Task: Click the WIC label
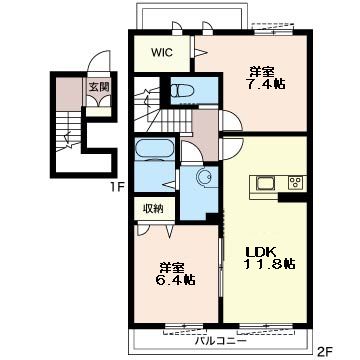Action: click(162, 53)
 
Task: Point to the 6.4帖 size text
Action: click(175, 279)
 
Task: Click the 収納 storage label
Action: click(153, 208)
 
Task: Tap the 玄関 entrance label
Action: click(99, 87)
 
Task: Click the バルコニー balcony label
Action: click(221, 341)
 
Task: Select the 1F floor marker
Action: click(118, 187)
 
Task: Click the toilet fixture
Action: click(183, 90)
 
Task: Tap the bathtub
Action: click(155, 149)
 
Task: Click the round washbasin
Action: click(204, 176)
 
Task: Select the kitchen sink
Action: click(265, 183)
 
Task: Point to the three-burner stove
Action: click(295, 183)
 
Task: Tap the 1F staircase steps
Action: click(68, 131)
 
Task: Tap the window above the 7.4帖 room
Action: click(273, 32)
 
